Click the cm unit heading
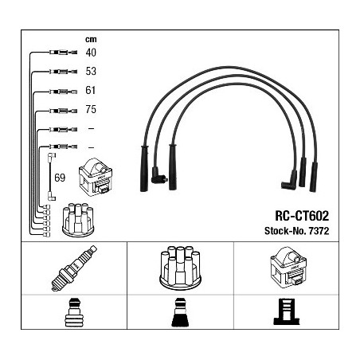tap(91, 39)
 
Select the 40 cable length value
tap(91, 53)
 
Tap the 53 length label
tap(91, 71)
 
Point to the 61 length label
tap(90, 90)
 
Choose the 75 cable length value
tap(91, 109)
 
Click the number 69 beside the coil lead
tap(60, 178)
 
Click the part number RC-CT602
tap(302, 216)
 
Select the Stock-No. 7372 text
tap(296, 231)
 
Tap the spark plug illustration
tap(74, 268)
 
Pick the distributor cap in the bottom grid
tap(180, 267)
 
